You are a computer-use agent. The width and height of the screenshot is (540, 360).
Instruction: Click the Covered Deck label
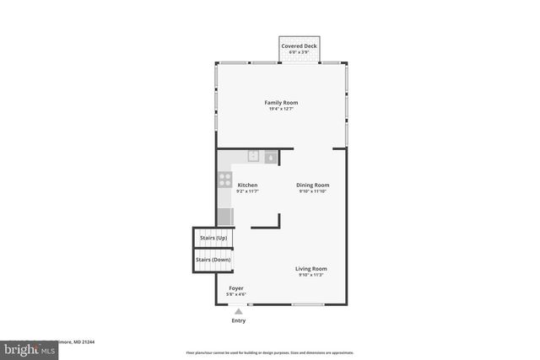pos(299,46)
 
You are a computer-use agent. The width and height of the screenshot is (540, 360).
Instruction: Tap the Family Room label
pos(281,103)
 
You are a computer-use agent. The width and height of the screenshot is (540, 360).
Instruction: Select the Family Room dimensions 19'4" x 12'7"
pos(281,109)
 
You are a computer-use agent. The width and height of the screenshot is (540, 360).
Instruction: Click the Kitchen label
pos(247,185)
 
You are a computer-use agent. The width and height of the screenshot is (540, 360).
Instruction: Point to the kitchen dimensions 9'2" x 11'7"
pos(247,191)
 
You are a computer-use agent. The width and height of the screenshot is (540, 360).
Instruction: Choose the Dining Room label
pos(312,185)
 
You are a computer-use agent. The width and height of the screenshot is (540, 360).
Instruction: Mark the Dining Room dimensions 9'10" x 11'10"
pos(312,191)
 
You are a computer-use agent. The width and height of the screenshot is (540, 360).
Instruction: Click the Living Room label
pos(310,268)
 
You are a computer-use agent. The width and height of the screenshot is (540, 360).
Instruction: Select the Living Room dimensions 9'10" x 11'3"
pos(310,275)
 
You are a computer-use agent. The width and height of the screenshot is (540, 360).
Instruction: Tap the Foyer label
pos(236,288)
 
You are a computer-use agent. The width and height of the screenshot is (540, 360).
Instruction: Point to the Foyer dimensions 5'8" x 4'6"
pos(236,294)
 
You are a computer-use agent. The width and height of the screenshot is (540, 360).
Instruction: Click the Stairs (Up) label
pos(213,239)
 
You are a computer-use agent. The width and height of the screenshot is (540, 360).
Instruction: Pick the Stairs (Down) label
pos(213,260)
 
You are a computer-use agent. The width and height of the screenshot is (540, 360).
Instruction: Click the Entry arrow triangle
pos(239,311)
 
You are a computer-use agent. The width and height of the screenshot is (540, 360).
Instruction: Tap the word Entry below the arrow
pos(239,321)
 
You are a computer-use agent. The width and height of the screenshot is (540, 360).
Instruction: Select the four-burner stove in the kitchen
pos(225,179)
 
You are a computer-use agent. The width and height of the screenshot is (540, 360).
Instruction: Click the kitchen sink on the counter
pos(253,156)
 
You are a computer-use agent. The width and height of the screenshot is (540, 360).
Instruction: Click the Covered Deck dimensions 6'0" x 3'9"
pos(299,52)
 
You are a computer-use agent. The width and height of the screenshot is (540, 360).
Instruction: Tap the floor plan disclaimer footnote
pos(270,352)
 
